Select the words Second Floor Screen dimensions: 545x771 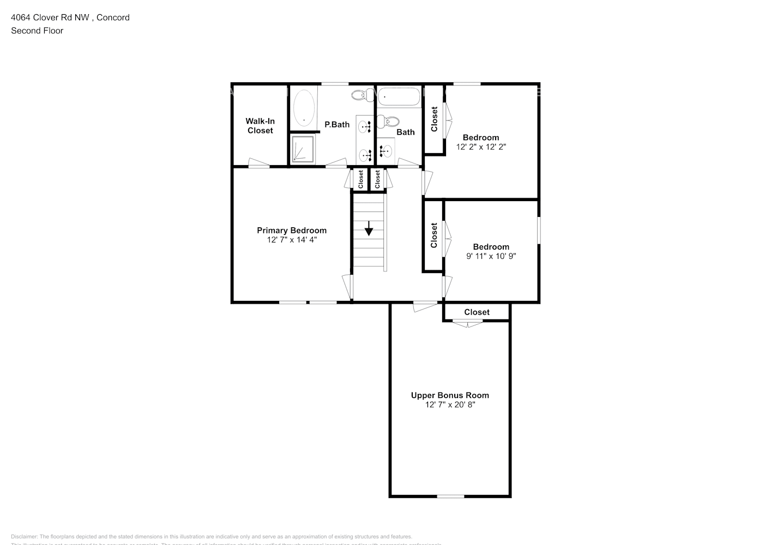(x=37, y=31)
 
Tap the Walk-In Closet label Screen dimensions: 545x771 (x=260, y=126)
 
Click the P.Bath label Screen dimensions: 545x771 (x=337, y=124)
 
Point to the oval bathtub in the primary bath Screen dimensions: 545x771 (x=304, y=107)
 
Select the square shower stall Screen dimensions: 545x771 (x=303, y=149)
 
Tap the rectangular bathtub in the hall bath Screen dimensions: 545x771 (x=399, y=98)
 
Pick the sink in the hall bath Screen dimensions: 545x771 (x=387, y=150)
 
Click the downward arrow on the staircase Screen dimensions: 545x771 (x=369, y=228)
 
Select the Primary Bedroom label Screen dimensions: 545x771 (x=292, y=231)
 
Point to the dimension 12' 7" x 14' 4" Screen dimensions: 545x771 (x=292, y=240)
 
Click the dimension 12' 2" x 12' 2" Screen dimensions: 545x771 (x=481, y=147)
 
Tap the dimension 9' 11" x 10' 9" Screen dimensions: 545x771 (x=491, y=256)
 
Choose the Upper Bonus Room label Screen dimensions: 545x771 (x=450, y=395)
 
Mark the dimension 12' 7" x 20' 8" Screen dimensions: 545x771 (x=450, y=405)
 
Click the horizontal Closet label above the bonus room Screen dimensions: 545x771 (x=477, y=312)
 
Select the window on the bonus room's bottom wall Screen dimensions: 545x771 (x=450, y=496)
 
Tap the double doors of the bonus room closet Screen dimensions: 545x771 (x=468, y=324)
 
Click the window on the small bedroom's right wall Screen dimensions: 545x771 (x=539, y=231)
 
